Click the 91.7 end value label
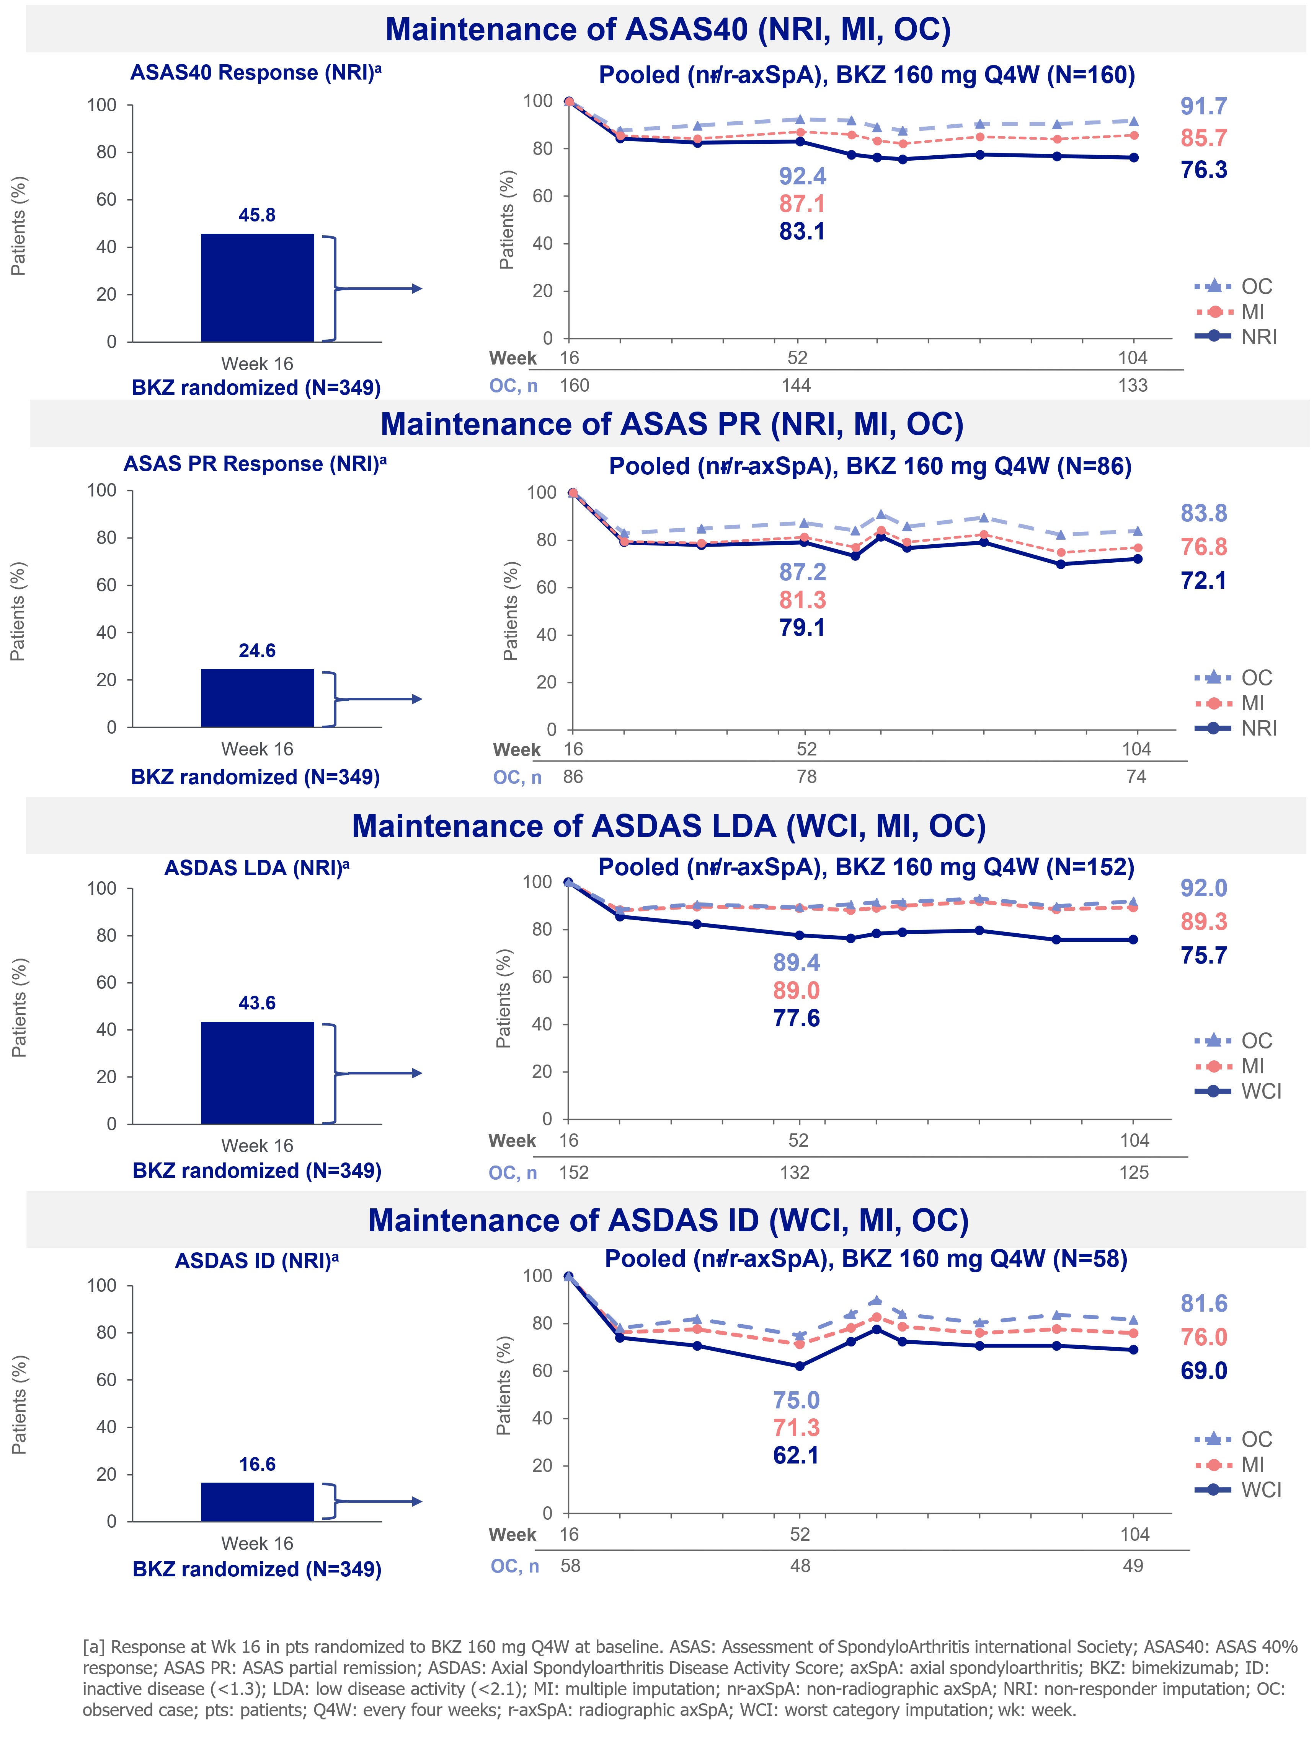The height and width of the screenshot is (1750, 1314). (1203, 106)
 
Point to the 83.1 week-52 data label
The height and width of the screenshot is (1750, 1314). (802, 232)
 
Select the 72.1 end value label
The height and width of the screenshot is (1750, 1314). (1203, 581)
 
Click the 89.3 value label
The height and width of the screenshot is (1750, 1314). (1203, 922)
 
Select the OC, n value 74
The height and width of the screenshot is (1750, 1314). (1135, 777)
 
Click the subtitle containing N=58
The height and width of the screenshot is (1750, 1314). (865, 1259)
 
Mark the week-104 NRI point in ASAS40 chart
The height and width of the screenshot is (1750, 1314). (1133, 158)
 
